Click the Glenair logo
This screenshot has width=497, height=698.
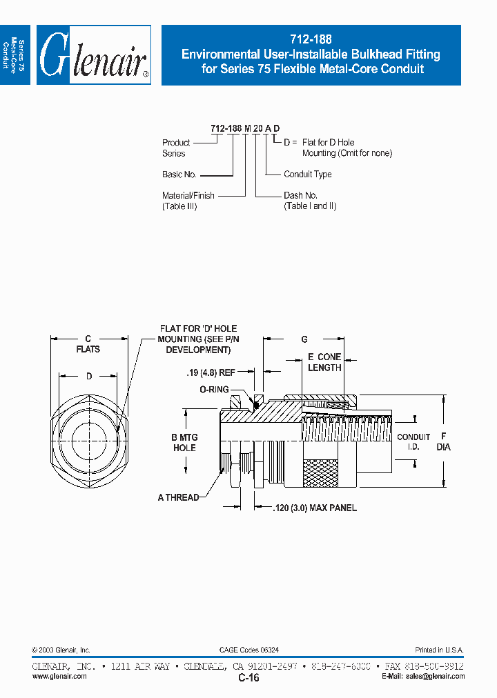(93, 55)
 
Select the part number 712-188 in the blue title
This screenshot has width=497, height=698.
(311, 40)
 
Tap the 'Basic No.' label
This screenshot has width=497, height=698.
(179, 174)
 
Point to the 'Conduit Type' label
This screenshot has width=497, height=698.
(308, 174)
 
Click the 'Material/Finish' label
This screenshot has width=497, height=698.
(188, 196)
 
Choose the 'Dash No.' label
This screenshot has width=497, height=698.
(301, 196)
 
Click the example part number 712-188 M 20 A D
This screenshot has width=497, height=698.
(245, 129)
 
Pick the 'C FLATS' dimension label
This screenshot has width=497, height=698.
(88, 343)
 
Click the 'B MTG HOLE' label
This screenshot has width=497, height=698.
(184, 443)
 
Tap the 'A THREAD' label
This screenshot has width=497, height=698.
(178, 497)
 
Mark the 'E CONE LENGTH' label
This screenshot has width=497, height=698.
(324, 362)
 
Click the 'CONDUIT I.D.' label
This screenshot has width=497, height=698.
(413, 442)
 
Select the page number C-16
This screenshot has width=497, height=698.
(248, 678)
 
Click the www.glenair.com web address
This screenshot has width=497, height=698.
(59, 677)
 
